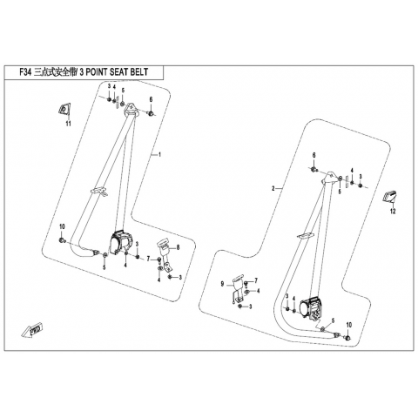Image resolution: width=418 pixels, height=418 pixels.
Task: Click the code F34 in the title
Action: [x=25, y=72]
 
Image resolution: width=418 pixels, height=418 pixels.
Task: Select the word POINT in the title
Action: [x=96, y=72]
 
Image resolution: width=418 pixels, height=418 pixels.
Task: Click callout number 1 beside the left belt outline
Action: [x=159, y=155]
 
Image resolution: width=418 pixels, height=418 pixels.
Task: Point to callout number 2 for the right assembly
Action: [x=273, y=189]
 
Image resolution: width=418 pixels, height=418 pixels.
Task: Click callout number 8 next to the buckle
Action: [x=178, y=247]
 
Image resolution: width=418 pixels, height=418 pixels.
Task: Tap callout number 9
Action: [x=222, y=284]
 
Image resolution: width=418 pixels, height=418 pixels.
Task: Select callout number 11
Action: [x=69, y=124]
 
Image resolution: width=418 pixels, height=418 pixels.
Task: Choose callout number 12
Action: [x=393, y=212]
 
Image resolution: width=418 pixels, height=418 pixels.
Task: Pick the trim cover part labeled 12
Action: [x=389, y=196]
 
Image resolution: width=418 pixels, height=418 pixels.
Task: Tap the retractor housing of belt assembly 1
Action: [x=121, y=241]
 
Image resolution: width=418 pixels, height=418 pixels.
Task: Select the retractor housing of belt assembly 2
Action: [x=310, y=308]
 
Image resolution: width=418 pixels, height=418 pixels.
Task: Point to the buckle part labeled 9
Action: [x=238, y=288]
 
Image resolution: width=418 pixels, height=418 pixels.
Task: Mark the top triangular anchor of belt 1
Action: [x=131, y=110]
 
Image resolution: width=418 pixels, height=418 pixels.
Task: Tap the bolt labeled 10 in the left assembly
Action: [x=62, y=240]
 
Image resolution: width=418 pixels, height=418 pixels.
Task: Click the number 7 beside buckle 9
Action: [x=256, y=280]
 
